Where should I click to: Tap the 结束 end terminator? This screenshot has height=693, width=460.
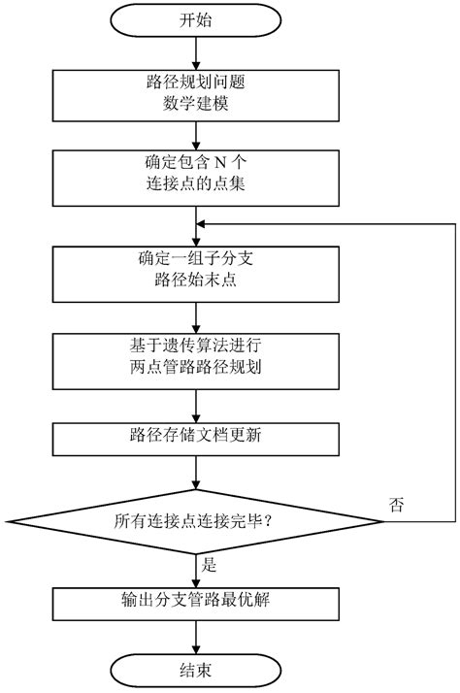tap(198, 671)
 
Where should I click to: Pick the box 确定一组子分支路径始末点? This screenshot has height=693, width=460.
tap(198, 271)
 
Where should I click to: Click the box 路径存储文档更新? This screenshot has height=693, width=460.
tap(198, 436)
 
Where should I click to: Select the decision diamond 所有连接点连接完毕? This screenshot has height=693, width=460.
tap(198, 520)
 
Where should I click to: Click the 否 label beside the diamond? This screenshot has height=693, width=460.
tap(397, 505)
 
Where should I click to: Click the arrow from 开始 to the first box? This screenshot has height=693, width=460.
tap(198, 52)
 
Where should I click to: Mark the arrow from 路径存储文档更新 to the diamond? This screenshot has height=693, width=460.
tap(198, 473)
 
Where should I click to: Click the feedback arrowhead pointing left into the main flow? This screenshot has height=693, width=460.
tap(206, 223)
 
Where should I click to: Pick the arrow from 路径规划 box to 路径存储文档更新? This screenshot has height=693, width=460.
tap(198, 402)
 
